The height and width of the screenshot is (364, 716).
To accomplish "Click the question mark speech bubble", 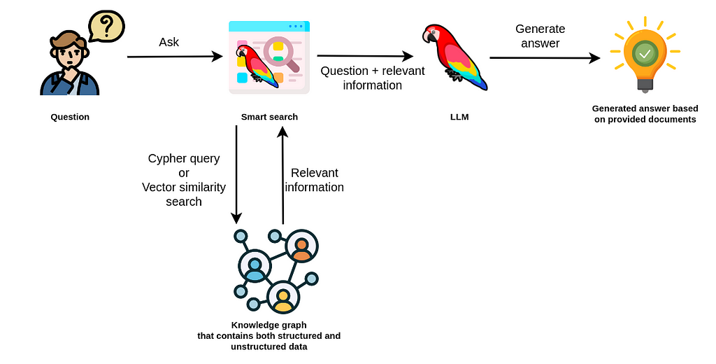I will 106,27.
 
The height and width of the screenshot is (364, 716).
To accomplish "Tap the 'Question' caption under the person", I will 70,117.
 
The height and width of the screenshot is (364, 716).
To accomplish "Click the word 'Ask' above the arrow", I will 169,42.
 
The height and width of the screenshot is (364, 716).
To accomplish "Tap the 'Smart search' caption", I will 269,117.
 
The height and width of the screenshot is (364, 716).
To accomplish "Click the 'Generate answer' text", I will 540,36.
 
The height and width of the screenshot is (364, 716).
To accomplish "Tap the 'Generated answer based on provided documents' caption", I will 645,113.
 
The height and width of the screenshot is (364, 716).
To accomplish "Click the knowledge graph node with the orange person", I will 301,246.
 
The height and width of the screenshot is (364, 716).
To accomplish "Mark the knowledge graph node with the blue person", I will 255,267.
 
